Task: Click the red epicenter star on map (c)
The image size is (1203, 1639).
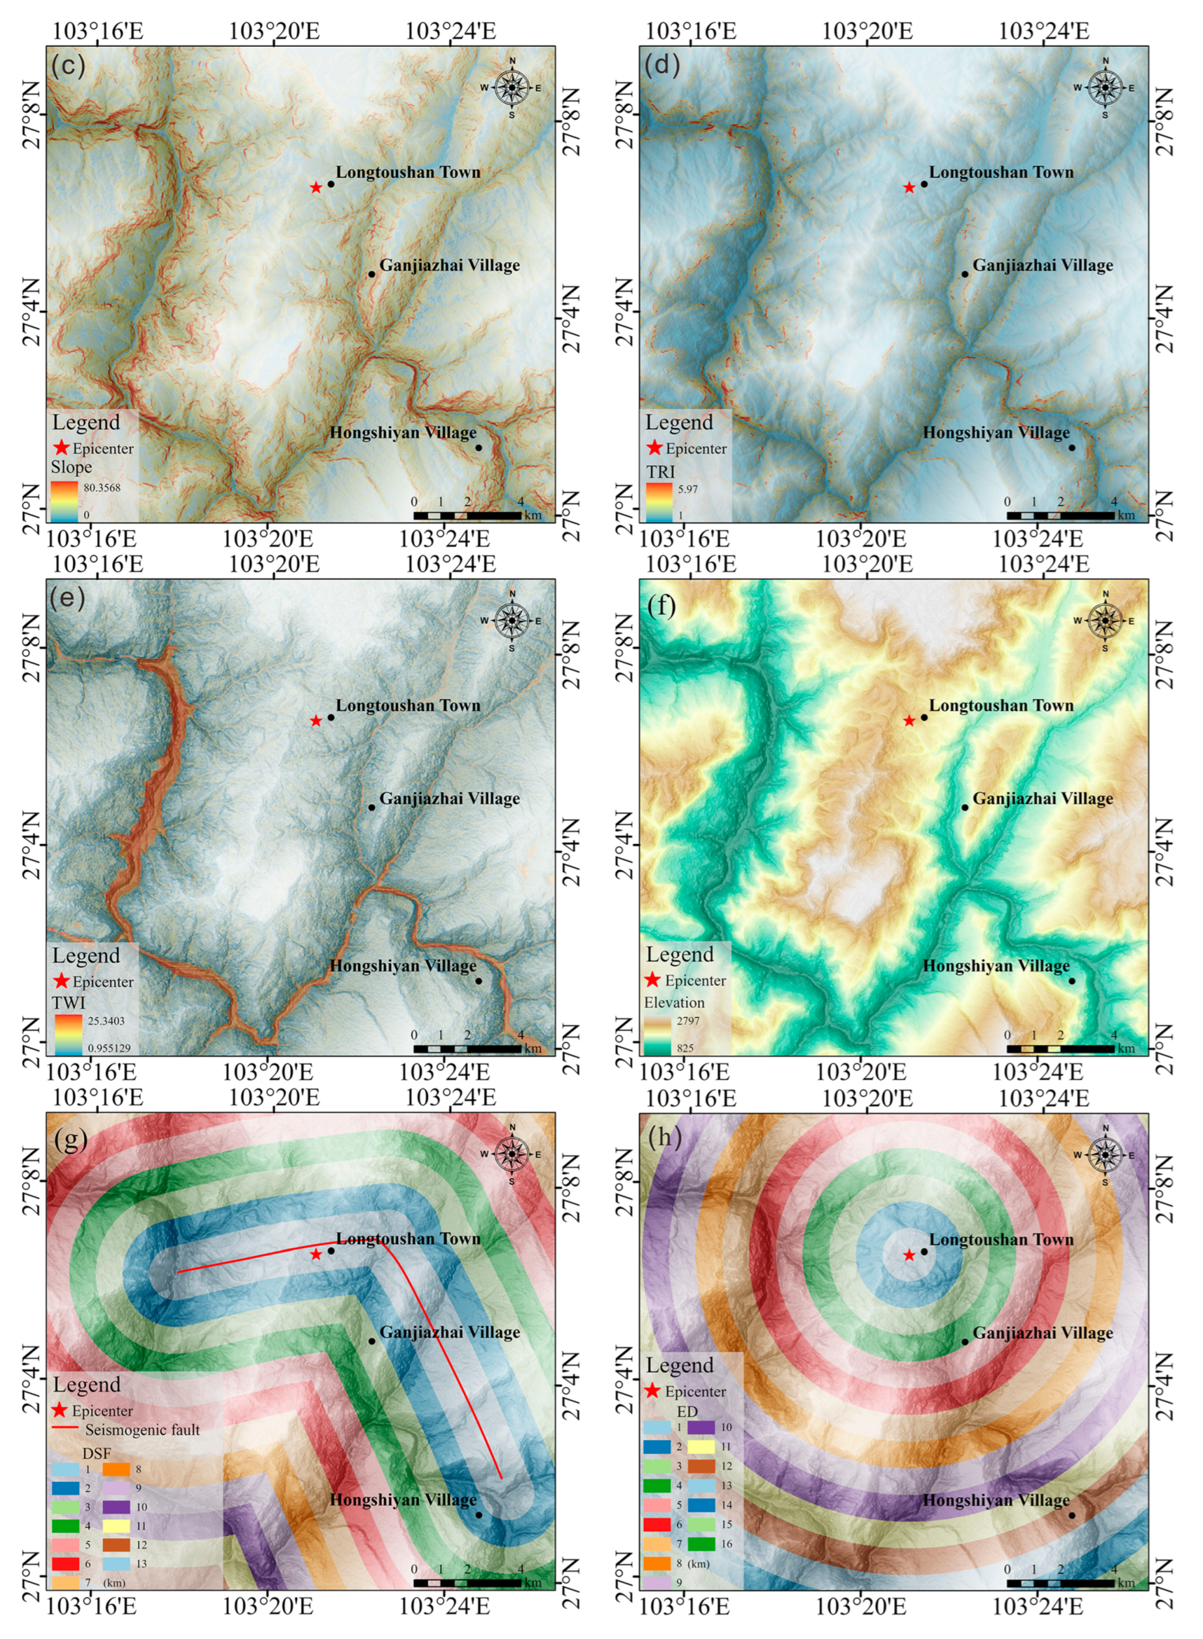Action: pyautogui.click(x=315, y=187)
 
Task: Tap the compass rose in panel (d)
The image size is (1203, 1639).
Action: pyautogui.click(x=1105, y=87)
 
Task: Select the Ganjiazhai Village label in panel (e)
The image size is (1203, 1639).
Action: pyautogui.click(x=449, y=798)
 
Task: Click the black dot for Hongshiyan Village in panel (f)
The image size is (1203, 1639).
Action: pyautogui.click(x=1072, y=980)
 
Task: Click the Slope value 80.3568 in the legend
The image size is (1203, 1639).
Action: pyautogui.click(x=102, y=487)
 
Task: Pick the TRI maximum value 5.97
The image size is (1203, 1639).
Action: pyautogui.click(x=687, y=489)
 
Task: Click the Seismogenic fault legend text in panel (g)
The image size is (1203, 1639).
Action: pyautogui.click(x=142, y=1430)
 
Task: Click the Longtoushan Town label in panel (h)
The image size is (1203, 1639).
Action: pyautogui.click(x=1001, y=1239)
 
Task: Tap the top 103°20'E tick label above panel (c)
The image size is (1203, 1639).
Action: pyautogui.click(x=274, y=30)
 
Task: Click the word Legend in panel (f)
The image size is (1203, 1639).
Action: pyautogui.click(x=680, y=954)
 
